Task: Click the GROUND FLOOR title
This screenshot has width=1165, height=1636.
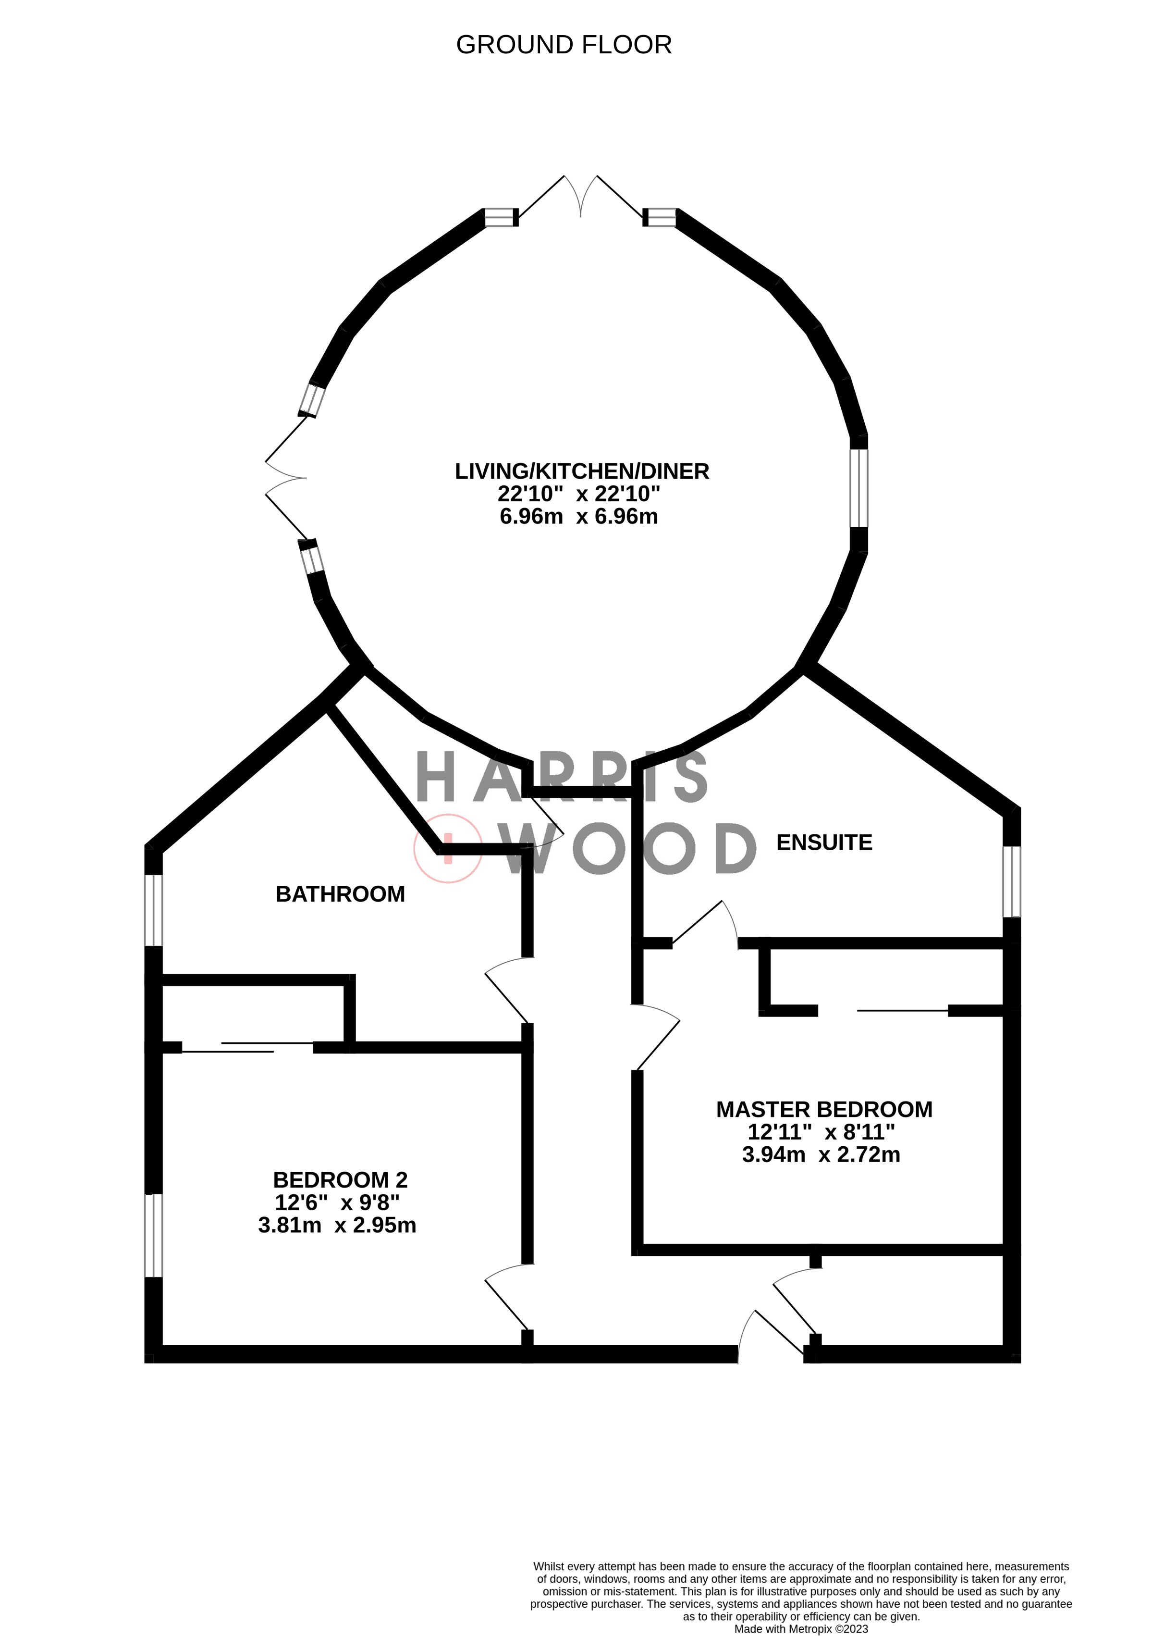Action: click(564, 45)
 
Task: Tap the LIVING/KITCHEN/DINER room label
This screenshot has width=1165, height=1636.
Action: click(582, 471)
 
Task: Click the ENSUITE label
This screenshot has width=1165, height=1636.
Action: click(824, 843)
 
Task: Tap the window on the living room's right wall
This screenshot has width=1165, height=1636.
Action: click(858, 488)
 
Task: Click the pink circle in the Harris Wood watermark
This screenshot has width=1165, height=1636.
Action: click(448, 849)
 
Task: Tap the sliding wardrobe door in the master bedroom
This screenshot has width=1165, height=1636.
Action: click(902, 1010)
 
